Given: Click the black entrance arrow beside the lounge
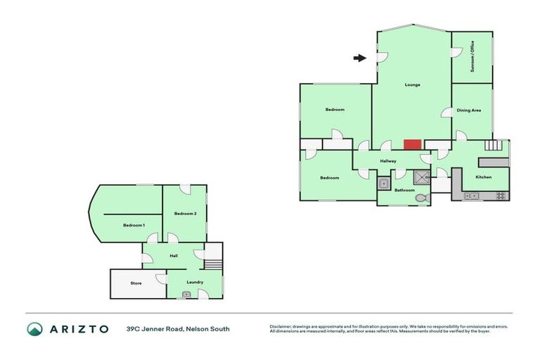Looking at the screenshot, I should (x=359, y=58).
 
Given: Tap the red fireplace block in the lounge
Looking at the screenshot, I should (x=412, y=144).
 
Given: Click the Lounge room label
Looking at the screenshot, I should (x=412, y=85).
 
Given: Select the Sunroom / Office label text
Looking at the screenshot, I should (x=472, y=56).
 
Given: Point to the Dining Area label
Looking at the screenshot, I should (x=469, y=110).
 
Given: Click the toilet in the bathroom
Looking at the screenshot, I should (x=421, y=199).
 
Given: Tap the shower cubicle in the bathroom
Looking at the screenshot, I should (x=422, y=178).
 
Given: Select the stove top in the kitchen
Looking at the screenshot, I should (x=501, y=195).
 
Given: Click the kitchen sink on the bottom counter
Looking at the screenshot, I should (x=471, y=195).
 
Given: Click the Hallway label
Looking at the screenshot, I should (x=388, y=162).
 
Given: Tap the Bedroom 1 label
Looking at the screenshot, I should (x=134, y=225).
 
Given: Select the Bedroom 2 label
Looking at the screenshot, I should (x=185, y=213).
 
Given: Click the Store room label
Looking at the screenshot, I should (x=136, y=283).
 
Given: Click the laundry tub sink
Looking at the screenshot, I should (x=186, y=294).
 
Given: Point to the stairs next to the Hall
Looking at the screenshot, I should (x=213, y=264).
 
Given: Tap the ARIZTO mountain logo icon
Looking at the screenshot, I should (x=35, y=328).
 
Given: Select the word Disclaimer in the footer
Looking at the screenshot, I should (x=281, y=326).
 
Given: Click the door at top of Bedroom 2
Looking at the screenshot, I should (x=184, y=188).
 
